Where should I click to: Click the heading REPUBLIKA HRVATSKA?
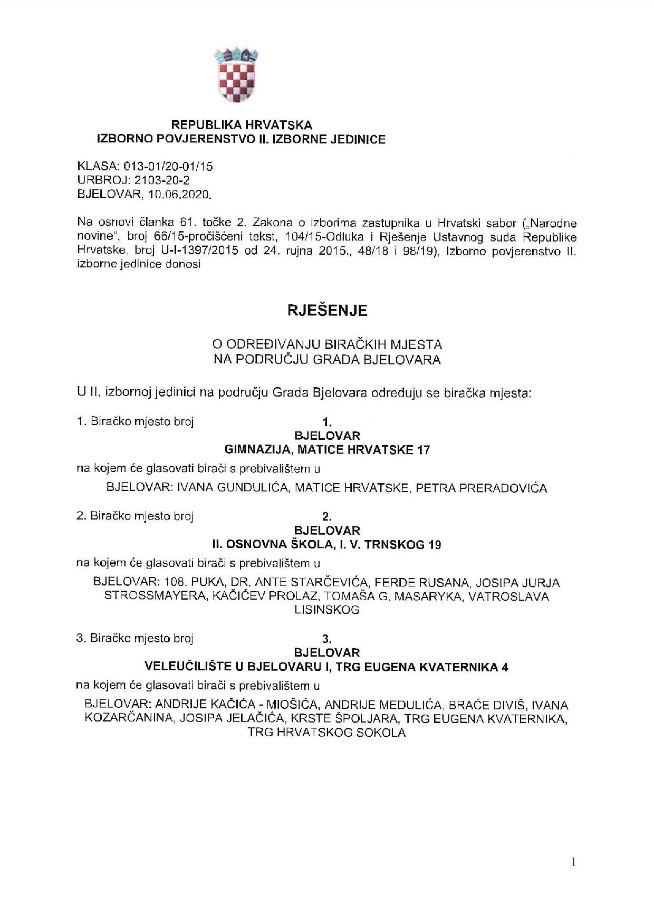click(x=242, y=125)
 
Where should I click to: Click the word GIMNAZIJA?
click(x=254, y=450)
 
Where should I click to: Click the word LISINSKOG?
click(x=327, y=610)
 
